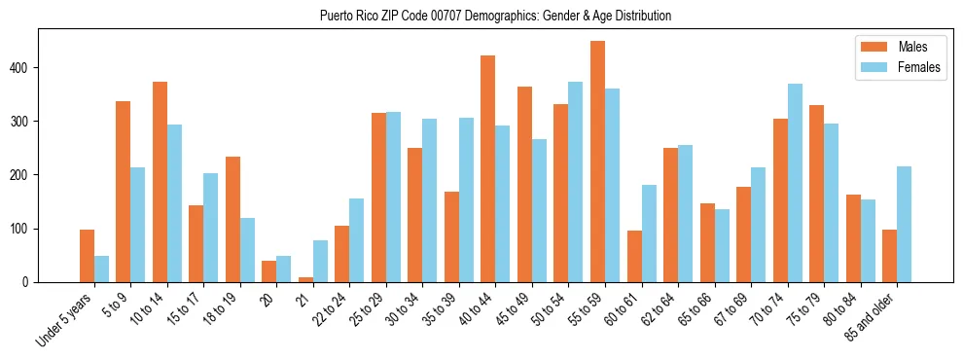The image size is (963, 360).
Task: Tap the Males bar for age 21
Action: click(x=305, y=279)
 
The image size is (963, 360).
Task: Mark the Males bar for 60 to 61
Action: click(x=634, y=256)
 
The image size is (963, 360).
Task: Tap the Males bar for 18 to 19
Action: click(x=232, y=219)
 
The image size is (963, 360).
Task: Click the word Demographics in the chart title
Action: click(x=484, y=17)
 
